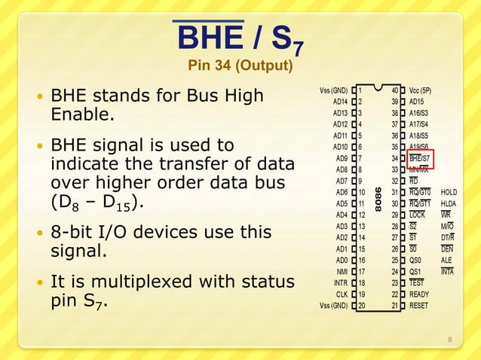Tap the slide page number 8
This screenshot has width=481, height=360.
coord(450,340)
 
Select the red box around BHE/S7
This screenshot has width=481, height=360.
coord(421,158)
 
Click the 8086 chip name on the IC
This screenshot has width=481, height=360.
coord(383,198)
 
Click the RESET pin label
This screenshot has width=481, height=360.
coord(419,305)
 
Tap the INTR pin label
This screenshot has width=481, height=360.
coord(339,282)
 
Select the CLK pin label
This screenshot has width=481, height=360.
coord(341,294)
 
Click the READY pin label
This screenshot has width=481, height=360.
coord(420,294)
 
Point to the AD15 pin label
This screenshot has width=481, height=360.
coord(418,102)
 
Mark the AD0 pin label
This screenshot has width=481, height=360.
coord(339,260)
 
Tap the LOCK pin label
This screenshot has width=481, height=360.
coord(418,215)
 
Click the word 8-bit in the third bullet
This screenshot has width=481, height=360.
coord(74,233)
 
